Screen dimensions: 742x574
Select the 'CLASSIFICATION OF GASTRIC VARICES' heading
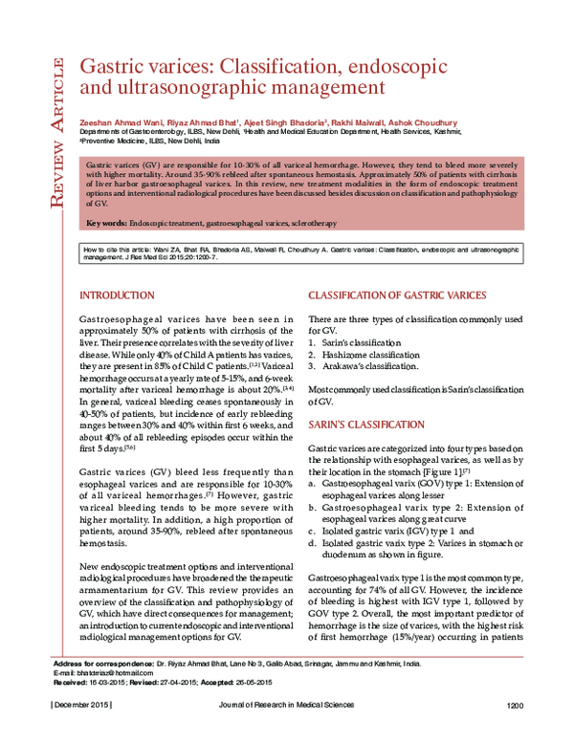click(x=397, y=295)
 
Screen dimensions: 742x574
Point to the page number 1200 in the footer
click(x=516, y=731)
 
